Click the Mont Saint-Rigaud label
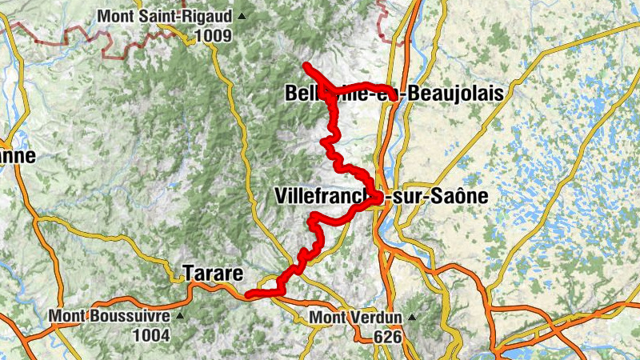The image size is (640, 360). point(165,16)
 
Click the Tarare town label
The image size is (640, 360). point(213,273)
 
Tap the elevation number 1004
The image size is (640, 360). point(150,335)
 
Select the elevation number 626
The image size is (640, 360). point(386,337)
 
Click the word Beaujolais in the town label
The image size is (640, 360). point(454,94)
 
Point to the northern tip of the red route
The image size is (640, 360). point(306,65)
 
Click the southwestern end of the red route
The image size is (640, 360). point(248,296)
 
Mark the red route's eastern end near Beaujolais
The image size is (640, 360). point(391,90)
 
